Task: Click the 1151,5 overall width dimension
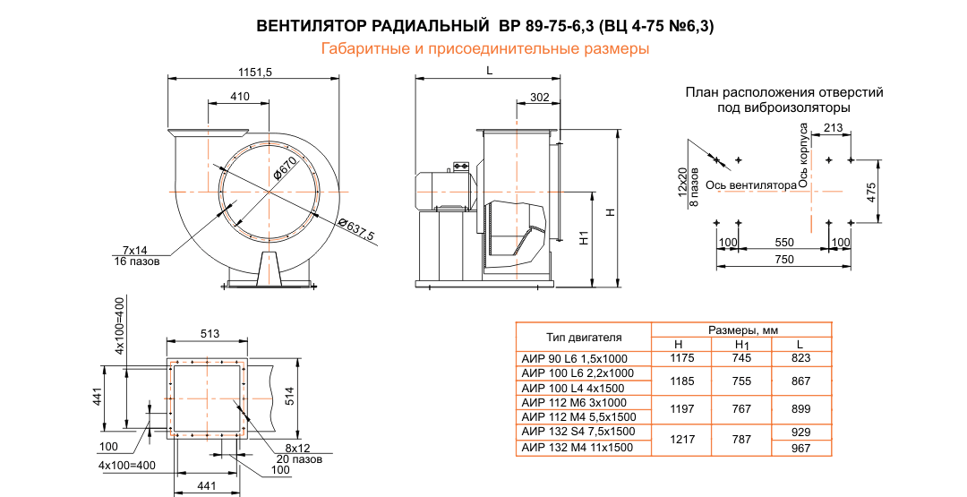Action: tap(255, 73)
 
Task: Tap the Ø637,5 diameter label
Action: tap(355, 229)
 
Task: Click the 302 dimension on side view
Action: tap(539, 97)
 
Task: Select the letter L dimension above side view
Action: tap(489, 70)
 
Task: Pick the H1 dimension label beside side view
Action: tap(583, 239)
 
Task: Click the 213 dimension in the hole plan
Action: tap(832, 129)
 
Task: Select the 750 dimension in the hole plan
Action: tap(784, 260)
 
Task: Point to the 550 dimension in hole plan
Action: tap(784, 243)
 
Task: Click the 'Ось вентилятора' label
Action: tap(750, 185)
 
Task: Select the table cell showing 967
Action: tap(800, 448)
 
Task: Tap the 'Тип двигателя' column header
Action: tap(583, 338)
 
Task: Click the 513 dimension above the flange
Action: tap(210, 335)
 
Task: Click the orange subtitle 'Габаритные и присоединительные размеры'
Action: tap(484, 49)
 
